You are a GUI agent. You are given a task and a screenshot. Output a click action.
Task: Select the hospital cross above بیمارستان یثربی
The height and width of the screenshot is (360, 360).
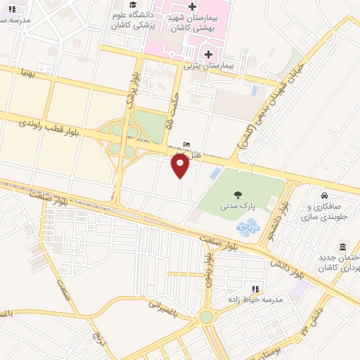point(208,54)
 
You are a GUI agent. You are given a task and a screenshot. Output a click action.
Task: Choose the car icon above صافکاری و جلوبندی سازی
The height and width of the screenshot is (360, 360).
point(324,195)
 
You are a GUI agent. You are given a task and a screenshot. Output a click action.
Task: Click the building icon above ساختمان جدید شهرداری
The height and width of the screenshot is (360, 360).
point(342,247)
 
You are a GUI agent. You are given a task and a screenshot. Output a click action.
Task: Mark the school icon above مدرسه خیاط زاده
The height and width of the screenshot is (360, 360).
point(255,288)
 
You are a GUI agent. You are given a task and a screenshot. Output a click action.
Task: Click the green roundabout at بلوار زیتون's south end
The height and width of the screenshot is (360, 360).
point(206,317)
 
